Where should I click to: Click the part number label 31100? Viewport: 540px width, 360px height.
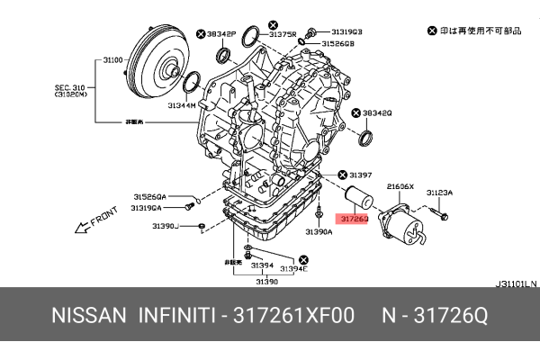point(112,59)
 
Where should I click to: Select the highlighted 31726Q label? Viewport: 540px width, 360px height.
point(352,218)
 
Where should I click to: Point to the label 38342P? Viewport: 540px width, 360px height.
point(220,33)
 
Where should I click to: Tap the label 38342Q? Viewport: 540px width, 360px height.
point(377,113)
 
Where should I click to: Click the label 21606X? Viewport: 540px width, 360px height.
point(399,185)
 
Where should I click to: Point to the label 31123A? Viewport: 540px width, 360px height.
point(440,193)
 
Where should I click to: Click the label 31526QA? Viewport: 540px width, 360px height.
point(148,195)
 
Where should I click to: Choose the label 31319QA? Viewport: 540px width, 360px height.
point(148,207)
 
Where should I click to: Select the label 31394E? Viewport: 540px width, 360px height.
point(292,268)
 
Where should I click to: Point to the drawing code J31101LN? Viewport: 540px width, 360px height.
point(516,283)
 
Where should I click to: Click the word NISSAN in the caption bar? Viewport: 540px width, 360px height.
point(87,317)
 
